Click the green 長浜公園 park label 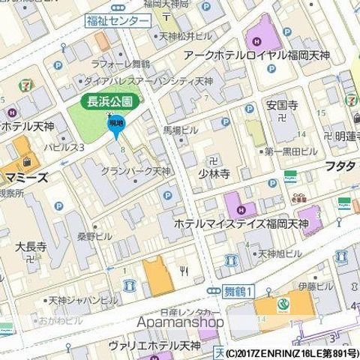106,100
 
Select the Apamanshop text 181,321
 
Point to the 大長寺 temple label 31,245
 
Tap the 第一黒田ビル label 292,151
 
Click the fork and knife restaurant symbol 182,270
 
